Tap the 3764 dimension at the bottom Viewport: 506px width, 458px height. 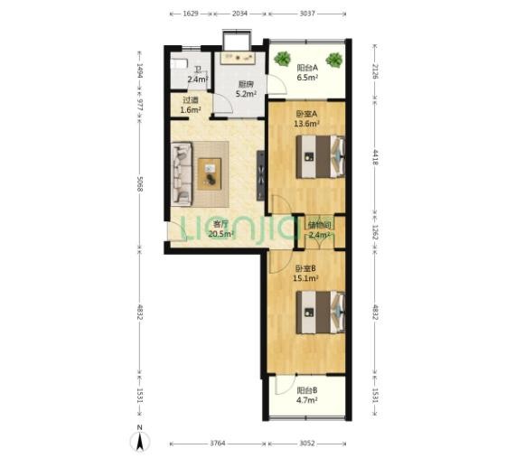(x=218, y=444)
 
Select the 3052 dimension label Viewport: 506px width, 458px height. (x=307, y=444)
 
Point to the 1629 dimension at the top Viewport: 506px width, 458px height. (x=191, y=14)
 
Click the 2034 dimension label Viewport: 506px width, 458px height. (x=239, y=14)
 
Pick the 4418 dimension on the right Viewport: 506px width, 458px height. (x=375, y=157)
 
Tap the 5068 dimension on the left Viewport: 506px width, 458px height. (x=140, y=184)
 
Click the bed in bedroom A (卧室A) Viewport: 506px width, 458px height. (x=321, y=157)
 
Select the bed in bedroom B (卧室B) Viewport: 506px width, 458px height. (x=321, y=313)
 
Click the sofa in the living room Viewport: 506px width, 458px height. (x=182, y=174)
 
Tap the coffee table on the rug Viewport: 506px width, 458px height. (x=210, y=173)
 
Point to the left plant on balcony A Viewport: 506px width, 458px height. (x=282, y=59)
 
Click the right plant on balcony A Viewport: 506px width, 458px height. (x=334, y=60)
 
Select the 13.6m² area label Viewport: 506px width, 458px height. (x=306, y=123)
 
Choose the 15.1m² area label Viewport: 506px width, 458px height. (x=305, y=278)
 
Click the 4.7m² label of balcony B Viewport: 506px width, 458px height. (x=307, y=400)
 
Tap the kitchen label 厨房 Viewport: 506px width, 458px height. (x=246, y=85)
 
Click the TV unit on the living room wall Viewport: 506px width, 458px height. (x=261, y=175)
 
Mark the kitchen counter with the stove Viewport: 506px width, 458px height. (x=238, y=58)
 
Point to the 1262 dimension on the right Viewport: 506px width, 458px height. (x=375, y=232)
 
